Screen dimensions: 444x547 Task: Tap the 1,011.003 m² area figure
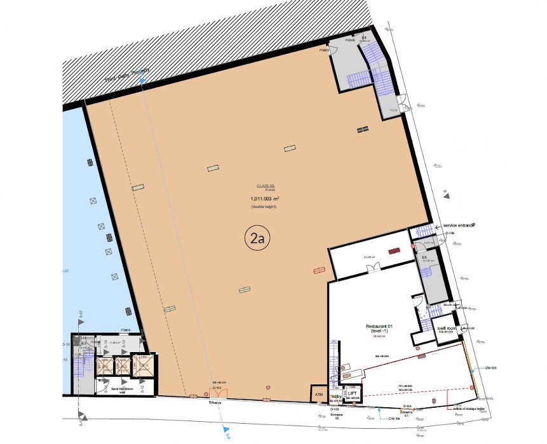(x=264, y=199)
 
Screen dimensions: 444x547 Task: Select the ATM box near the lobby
(x=319, y=395)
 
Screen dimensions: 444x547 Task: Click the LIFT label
(x=353, y=393)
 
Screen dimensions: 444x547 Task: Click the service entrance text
(x=451, y=226)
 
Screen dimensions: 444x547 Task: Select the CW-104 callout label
(x=394, y=419)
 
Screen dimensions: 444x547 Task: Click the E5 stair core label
(x=424, y=257)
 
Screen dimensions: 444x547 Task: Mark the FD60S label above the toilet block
(x=126, y=330)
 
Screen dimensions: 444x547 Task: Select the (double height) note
(x=264, y=207)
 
